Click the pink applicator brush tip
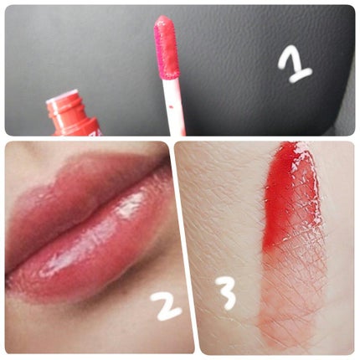click(x=167, y=47)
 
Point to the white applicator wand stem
click(x=174, y=107)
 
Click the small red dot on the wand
click(x=171, y=106)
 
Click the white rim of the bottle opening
click(x=62, y=95)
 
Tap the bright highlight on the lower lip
click(x=130, y=205)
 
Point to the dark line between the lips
click(x=84, y=224)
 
